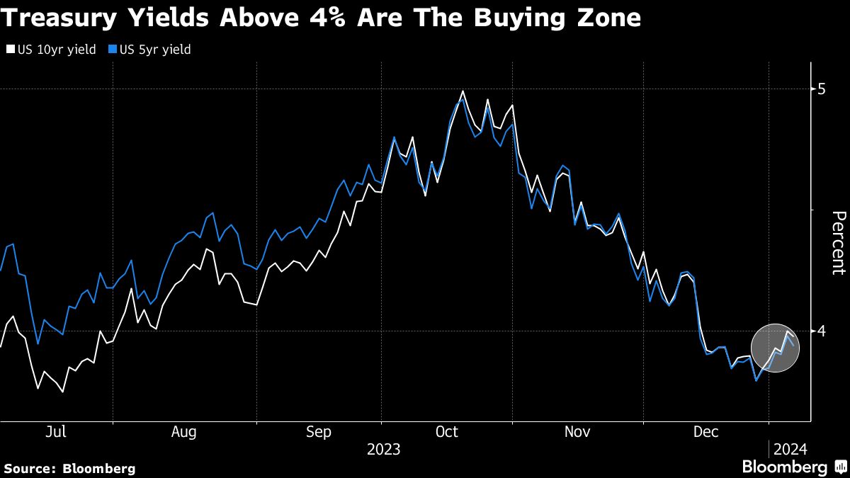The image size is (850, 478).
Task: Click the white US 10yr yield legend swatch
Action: pyautogui.click(x=9, y=50)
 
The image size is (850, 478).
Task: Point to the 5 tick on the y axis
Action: pyautogui.click(x=821, y=89)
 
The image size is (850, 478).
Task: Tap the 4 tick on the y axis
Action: pyautogui.click(x=821, y=331)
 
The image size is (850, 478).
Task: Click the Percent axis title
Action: pyautogui.click(x=838, y=243)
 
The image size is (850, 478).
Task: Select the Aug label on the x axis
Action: pyautogui.click(x=184, y=432)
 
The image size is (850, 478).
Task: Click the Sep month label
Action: pyautogui.click(x=319, y=432)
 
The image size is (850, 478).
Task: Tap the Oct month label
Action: pyautogui.click(x=448, y=432)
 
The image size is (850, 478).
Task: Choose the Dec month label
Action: pyautogui.click(x=706, y=432)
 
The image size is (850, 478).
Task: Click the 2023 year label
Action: pyautogui.click(x=383, y=449)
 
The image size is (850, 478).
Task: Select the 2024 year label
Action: pyautogui.click(x=790, y=449)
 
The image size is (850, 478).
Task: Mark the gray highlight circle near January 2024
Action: pyautogui.click(x=774, y=348)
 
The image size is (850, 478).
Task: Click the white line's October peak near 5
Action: pyautogui.click(x=463, y=91)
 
